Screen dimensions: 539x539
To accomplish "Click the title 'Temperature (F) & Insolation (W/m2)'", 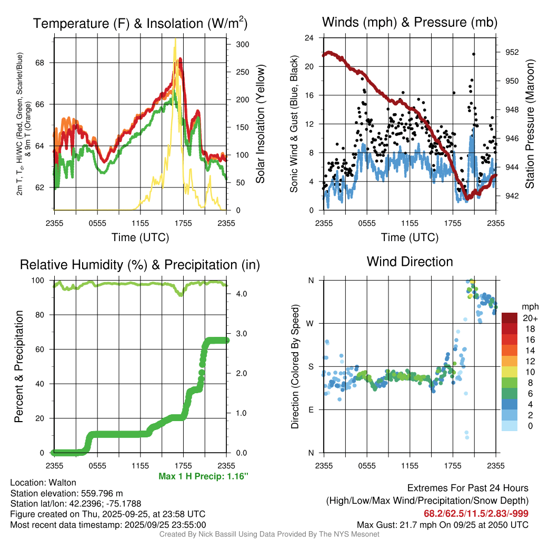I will click(x=140, y=23).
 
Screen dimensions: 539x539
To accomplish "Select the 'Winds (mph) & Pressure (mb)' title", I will click(x=410, y=22).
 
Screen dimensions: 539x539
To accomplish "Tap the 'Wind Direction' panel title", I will click(x=410, y=262).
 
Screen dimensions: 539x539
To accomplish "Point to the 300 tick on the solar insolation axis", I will click(x=242, y=44).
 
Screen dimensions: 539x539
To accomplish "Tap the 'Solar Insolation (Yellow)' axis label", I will click(x=260, y=124).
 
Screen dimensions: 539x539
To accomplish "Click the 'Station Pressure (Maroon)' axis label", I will click(x=530, y=124).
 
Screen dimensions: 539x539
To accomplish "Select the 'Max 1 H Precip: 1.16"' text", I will click(x=203, y=476).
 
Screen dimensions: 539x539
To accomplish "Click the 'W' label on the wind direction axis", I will click(x=311, y=323).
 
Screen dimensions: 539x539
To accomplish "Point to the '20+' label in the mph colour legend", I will click(x=530, y=318).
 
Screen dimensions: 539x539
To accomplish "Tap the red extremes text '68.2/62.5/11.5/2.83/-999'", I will click(x=476, y=513).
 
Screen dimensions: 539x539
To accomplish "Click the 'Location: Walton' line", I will click(x=43, y=483).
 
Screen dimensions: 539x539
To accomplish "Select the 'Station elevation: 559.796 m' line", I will click(x=66, y=493).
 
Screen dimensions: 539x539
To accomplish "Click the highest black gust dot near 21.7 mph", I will click(x=473, y=54).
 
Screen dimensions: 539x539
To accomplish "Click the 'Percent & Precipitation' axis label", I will click(x=19, y=366).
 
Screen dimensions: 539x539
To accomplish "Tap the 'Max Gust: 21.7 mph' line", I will click(x=442, y=524).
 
